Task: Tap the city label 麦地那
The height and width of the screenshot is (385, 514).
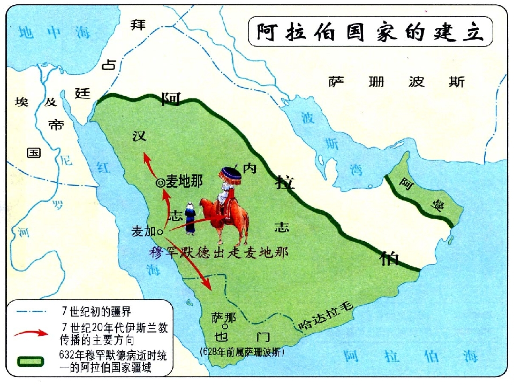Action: coord(184,182)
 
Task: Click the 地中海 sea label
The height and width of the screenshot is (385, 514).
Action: coord(55,33)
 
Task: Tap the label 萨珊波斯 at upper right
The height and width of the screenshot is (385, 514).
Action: coord(397,82)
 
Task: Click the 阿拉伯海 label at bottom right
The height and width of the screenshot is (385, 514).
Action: coord(411,356)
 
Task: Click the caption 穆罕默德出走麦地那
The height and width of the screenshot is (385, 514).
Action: coord(220,253)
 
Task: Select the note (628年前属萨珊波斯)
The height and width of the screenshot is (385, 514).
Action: coord(241,352)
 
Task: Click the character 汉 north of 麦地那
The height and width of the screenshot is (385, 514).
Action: coord(140,136)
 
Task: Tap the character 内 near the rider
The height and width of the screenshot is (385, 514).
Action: coord(250,168)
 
